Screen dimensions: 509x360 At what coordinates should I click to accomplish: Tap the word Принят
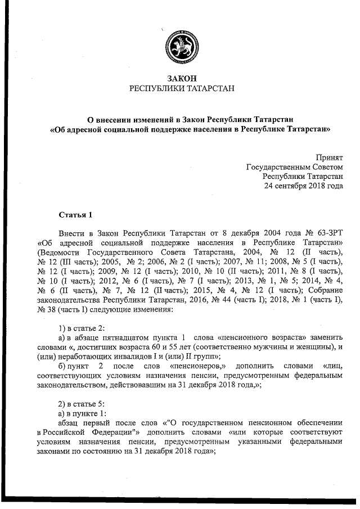pos(330,158)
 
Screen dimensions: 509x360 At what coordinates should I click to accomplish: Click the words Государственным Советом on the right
pos(295,167)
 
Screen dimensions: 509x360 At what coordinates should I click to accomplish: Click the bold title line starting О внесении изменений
pos(190,119)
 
